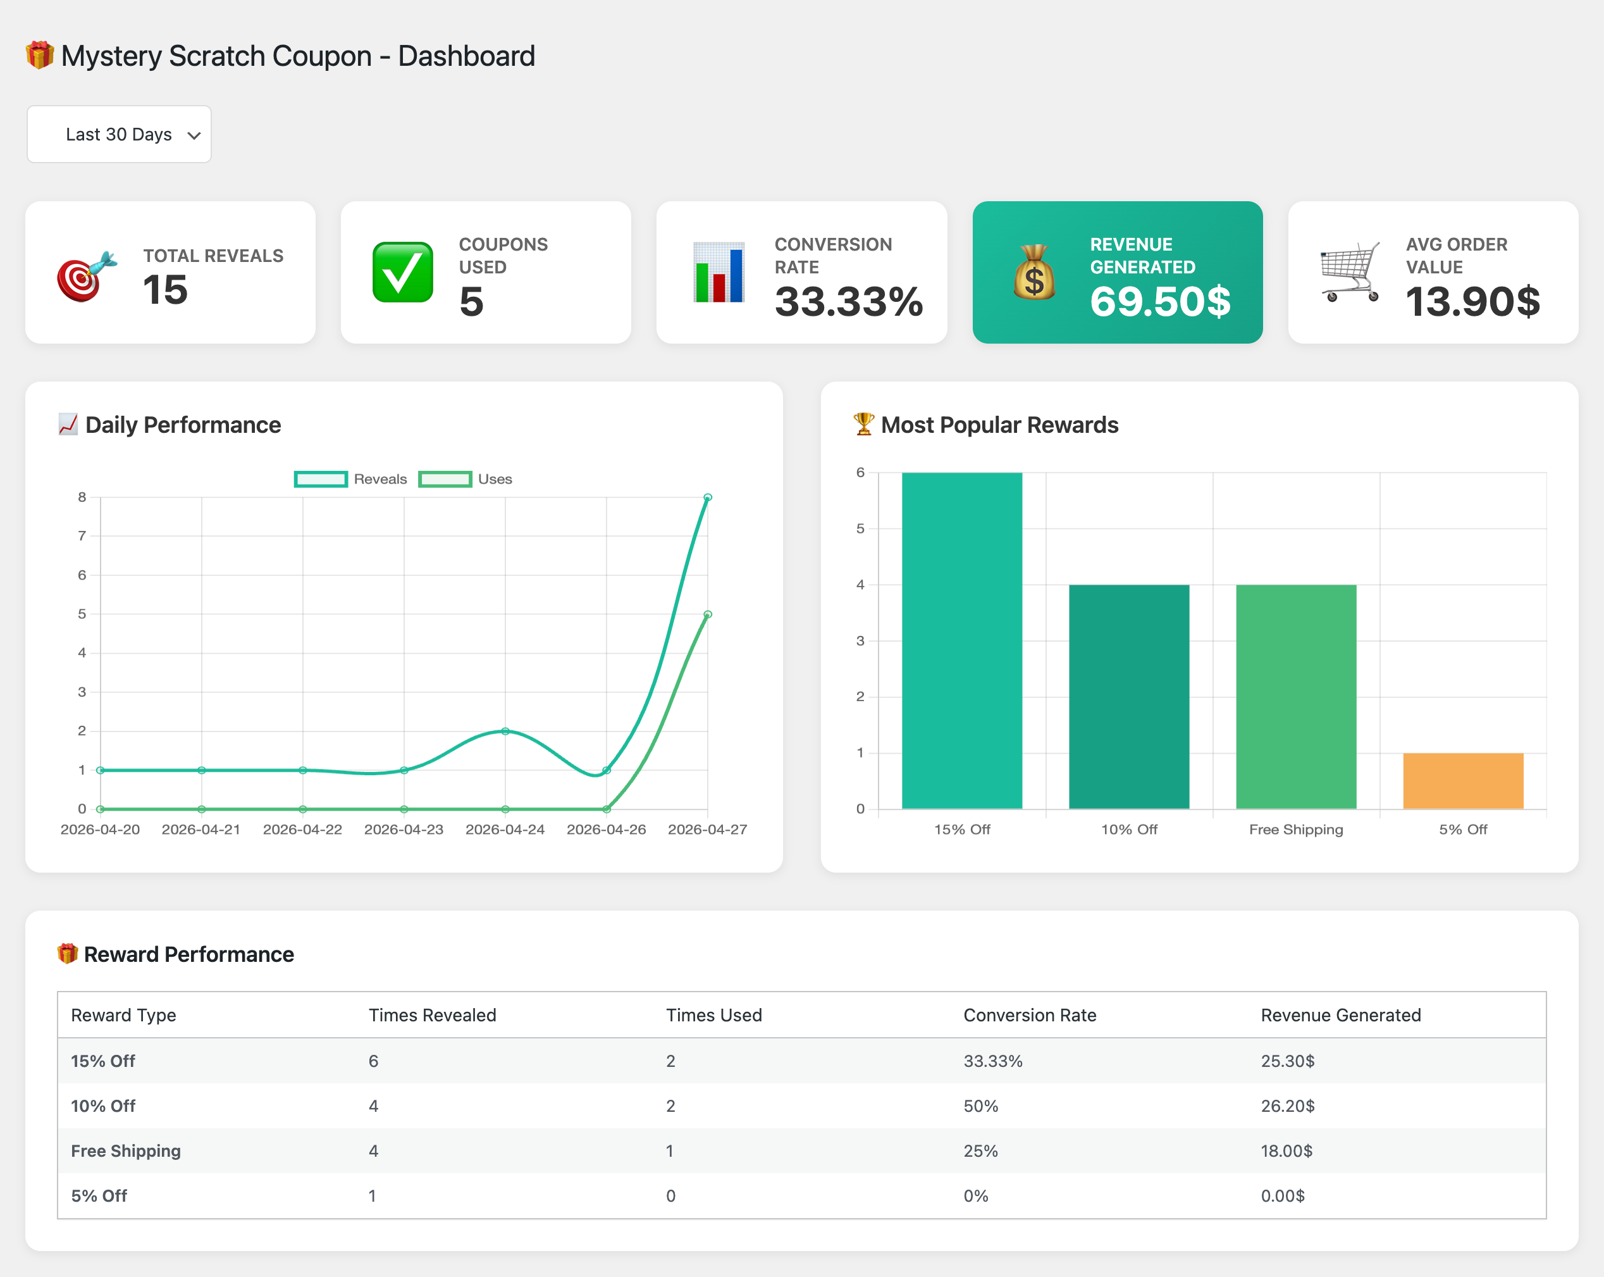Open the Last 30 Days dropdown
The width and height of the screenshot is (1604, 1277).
point(119,135)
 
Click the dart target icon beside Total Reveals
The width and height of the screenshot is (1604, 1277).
point(86,276)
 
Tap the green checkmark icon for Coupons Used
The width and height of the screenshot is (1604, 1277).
point(402,272)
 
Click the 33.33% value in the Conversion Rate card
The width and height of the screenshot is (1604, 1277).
point(848,301)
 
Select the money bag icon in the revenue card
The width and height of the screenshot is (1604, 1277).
point(1034,272)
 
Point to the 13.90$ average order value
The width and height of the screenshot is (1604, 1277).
point(1472,301)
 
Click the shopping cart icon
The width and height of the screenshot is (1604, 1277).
point(1350,272)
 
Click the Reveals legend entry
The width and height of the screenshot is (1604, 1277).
point(351,479)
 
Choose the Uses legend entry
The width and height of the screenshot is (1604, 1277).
point(466,479)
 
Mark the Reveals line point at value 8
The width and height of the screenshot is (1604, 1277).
point(708,497)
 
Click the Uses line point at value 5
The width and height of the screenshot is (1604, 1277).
point(708,614)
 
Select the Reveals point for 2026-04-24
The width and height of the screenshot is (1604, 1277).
point(505,732)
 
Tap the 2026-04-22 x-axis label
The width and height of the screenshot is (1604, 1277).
point(302,829)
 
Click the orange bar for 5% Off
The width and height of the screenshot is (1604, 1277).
point(1463,781)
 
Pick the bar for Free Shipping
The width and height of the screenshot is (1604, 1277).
point(1296,697)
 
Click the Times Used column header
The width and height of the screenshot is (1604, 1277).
point(713,1015)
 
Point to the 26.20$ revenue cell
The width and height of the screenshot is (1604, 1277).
point(1287,1106)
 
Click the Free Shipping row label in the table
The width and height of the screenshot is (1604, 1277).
point(126,1150)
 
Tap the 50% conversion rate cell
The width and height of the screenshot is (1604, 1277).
point(980,1106)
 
